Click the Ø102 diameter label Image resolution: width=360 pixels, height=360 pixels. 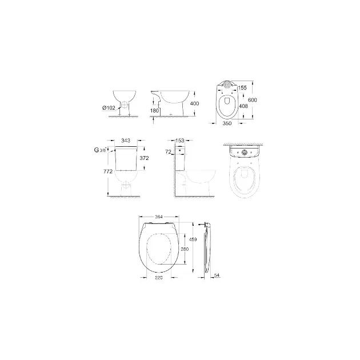tap(109, 107)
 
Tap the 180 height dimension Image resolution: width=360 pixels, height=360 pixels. tap(154, 111)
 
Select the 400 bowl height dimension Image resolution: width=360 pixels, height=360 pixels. tap(194, 103)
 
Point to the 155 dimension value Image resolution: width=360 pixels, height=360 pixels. tap(242, 87)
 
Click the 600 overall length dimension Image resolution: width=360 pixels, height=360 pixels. tap(253, 100)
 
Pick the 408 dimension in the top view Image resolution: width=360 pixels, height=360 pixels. tap(243, 106)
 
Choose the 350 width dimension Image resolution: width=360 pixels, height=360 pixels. tap(227, 123)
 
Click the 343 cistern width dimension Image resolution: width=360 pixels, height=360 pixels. tap(126, 140)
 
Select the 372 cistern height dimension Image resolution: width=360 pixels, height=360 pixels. tap(144, 158)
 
